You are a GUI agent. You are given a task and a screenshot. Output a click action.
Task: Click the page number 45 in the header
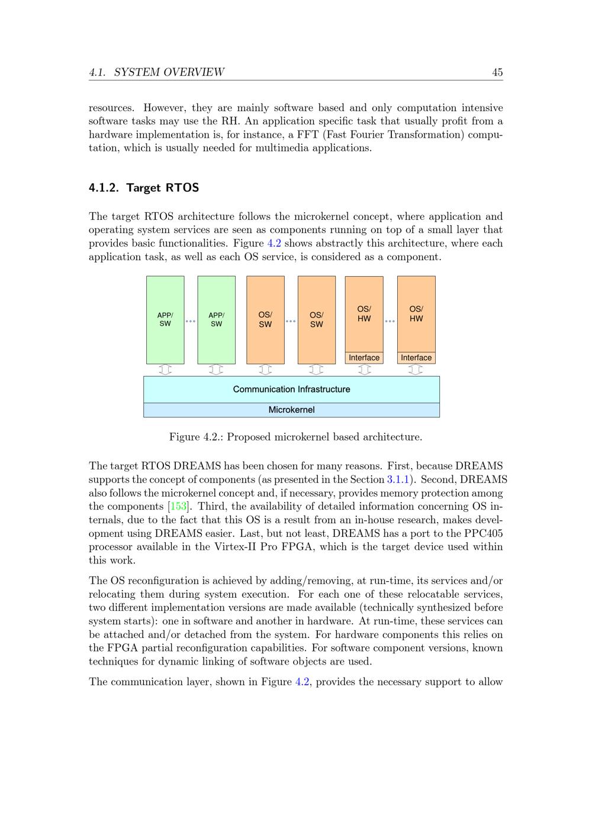tap(497, 72)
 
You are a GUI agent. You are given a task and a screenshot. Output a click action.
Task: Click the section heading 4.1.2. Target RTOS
tap(144, 188)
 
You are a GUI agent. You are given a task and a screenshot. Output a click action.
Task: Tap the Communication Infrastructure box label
tap(291, 389)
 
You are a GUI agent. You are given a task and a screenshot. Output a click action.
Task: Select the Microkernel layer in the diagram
tap(291, 410)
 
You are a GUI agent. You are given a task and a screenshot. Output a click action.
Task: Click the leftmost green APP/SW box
tap(165, 320)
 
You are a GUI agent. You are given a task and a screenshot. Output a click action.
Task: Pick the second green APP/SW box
tap(216, 320)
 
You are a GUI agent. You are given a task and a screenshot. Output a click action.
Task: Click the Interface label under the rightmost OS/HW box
tap(416, 358)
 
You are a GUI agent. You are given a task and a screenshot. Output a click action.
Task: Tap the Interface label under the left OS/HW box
tap(364, 358)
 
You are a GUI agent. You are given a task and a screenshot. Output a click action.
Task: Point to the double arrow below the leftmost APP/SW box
tap(165, 370)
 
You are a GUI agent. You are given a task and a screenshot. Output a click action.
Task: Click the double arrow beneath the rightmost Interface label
tap(416, 370)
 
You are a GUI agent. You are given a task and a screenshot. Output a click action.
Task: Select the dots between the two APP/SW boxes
tap(191, 321)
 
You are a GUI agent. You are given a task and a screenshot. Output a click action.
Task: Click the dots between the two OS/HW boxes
tap(390, 321)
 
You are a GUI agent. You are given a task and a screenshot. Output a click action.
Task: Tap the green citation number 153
tap(178, 507)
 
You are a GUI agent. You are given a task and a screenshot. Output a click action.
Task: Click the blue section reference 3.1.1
tap(398, 479)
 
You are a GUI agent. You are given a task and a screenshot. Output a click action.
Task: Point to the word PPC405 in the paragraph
tap(482, 533)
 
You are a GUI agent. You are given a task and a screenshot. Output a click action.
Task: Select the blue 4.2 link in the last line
tap(302, 682)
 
